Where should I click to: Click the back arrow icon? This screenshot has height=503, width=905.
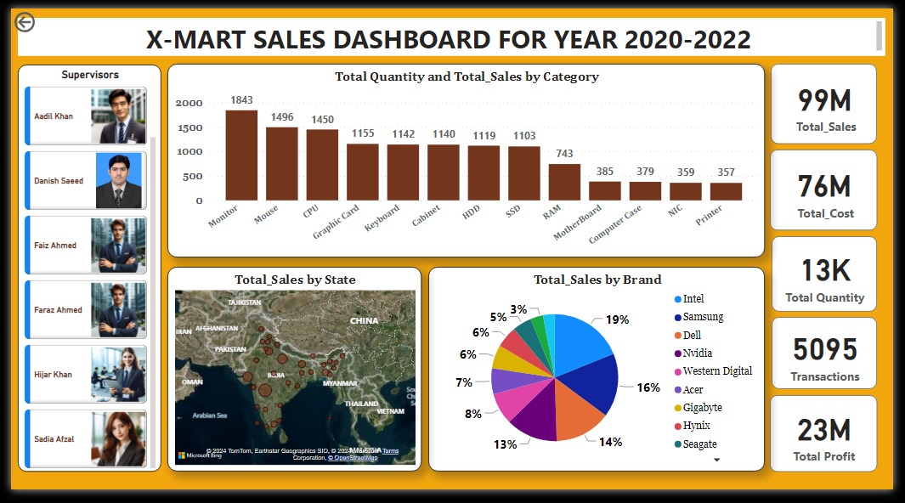point(25,22)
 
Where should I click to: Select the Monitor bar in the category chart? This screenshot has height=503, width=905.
point(241,155)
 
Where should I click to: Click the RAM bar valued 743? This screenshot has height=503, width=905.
point(564,182)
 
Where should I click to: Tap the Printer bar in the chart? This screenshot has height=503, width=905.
point(726,191)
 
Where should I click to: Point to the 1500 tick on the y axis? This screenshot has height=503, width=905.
point(189,127)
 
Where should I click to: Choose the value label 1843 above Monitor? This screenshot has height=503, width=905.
point(241,100)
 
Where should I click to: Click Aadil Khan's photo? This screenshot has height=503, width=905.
point(118,116)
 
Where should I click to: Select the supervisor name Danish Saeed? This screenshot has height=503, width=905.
point(59,181)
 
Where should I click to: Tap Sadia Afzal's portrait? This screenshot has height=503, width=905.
point(118,439)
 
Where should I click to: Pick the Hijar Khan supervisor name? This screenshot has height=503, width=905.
point(53,375)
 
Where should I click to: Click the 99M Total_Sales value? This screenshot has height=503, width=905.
point(823,100)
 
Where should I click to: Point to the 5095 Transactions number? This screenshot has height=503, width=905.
point(824,349)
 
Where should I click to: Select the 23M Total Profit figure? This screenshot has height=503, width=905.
point(823,430)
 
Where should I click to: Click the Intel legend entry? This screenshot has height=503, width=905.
point(693,299)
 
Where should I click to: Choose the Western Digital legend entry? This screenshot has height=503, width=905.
point(717,371)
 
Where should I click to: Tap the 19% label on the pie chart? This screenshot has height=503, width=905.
point(618,319)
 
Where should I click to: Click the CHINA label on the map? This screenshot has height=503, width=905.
point(364,321)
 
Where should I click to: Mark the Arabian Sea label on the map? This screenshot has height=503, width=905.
point(209,415)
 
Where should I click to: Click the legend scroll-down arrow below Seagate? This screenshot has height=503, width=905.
point(716,460)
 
